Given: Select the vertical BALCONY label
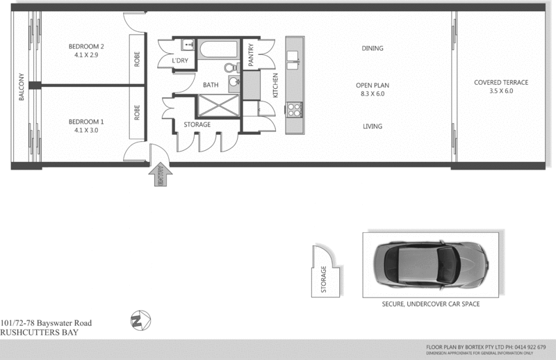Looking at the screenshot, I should [22, 87].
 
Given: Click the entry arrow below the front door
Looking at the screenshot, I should [161, 175].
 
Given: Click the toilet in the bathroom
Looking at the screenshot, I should [232, 68].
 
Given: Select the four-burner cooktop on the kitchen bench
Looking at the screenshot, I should [295, 109].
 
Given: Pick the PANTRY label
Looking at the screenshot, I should [251, 56].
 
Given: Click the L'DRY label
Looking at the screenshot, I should [181, 61].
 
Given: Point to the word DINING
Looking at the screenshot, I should [373, 49].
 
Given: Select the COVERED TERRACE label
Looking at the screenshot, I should [500, 82].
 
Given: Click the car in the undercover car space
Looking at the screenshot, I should [428, 265].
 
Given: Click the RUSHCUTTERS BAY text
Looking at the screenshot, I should [39, 332].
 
